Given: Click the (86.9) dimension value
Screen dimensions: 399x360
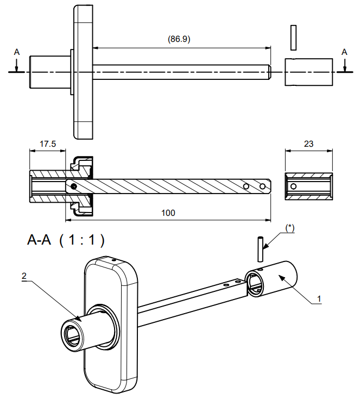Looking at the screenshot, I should point(179,39).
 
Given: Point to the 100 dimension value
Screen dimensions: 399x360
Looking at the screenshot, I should point(168,213).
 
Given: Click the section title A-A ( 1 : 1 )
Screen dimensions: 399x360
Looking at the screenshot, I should point(65,240).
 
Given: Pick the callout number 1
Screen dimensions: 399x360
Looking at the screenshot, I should point(319,298).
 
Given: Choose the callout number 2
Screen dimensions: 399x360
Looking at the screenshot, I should point(24,276).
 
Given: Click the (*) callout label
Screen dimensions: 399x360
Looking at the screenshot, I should point(289,228).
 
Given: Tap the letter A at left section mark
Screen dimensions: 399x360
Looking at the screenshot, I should point(17,52).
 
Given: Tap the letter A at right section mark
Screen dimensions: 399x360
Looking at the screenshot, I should point(344,52).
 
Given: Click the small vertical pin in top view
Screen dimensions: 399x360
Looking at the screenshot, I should point(294,36).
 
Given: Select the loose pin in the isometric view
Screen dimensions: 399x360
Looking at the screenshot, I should point(262,248).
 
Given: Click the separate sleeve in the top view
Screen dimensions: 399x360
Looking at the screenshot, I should point(309,71).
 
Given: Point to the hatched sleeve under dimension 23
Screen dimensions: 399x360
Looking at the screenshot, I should point(309,186).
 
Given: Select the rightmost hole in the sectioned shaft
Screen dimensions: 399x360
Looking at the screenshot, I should point(263,186).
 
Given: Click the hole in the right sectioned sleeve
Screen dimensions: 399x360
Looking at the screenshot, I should point(293,186).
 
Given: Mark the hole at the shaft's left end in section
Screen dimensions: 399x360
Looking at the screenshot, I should point(73,186).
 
